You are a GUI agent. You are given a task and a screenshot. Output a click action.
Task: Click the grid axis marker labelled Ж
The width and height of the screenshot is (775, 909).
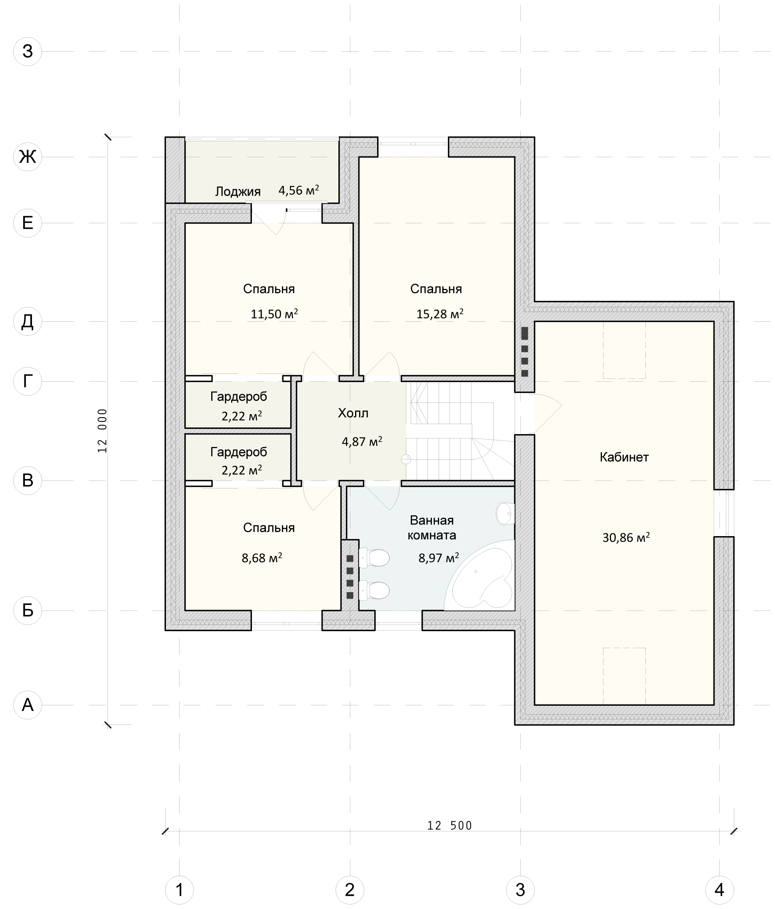coord(28,156)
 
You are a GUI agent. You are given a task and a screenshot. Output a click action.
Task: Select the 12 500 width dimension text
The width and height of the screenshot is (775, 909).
coord(449,826)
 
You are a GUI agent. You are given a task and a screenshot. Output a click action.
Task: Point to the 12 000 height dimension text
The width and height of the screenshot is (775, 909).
coord(102,431)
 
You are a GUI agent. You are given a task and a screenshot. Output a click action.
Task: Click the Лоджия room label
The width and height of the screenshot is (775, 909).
coord(238,191)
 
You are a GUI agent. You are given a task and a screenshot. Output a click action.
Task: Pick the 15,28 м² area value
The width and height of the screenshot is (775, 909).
coord(440,314)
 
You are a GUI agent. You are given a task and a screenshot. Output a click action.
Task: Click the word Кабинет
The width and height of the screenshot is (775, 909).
coord(624,457)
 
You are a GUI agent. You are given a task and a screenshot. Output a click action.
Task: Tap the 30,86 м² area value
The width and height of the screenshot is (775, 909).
coord(626,537)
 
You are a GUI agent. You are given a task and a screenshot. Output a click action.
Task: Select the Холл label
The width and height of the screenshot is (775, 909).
coord(353,413)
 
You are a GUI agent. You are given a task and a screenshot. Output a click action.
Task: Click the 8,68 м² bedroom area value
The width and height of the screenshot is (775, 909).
coord(262,558)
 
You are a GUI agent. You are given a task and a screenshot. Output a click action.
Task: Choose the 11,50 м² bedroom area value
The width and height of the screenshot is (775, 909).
coord(274,314)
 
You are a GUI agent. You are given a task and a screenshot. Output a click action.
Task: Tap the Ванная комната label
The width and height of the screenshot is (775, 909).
coord(432,527)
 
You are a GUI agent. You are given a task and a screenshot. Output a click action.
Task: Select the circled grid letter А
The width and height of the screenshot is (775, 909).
coord(28,705)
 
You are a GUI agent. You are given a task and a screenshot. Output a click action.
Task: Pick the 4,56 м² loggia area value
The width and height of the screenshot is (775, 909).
coord(299,190)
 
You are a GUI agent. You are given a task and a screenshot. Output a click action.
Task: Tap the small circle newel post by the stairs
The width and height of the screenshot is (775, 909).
coord(406,459)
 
